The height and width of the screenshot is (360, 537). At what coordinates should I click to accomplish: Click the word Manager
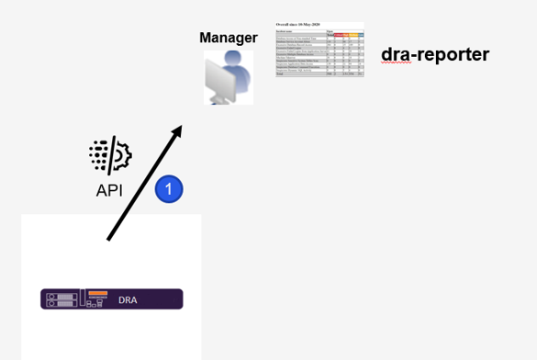tap(228, 38)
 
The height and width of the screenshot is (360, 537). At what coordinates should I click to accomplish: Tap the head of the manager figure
tap(234, 60)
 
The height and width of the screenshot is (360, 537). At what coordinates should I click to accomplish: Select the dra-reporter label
tap(435, 54)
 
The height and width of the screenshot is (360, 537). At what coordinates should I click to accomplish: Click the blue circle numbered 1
tap(169, 189)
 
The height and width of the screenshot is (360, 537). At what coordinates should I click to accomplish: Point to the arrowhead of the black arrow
tap(177, 129)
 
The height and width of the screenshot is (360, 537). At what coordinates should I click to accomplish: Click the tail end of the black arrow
tap(109, 239)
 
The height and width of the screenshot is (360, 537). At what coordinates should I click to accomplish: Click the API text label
tap(109, 191)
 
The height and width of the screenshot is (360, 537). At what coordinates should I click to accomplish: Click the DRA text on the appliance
tap(129, 298)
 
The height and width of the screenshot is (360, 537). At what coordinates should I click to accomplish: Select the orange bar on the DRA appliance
tap(98, 294)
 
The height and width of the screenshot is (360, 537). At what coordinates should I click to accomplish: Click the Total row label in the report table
tap(281, 73)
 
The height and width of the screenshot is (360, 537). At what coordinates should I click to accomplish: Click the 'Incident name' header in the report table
tap(286, 31)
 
